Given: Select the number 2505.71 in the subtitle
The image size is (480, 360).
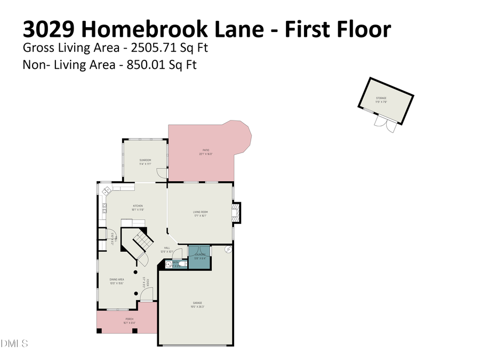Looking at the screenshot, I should (x=151, y=48).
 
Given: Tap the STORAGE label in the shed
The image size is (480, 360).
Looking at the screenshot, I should (x=381, y=99).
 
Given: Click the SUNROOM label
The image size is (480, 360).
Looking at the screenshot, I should (x=145, y=161).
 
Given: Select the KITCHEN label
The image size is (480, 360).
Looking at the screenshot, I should (x=138, y=206).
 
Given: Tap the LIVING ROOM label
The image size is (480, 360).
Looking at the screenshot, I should (x=201, y=212).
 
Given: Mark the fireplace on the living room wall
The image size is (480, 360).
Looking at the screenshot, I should (x=236, y=212).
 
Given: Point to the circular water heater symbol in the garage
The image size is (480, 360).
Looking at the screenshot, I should (x=228, y=249).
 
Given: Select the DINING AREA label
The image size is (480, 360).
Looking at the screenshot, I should (x=117, y=279).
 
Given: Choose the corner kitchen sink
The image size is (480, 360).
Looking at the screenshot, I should (x=106, y=190).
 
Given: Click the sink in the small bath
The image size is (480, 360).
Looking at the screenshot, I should (x=169, y=263).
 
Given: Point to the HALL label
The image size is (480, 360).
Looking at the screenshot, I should (x=167, y=248).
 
